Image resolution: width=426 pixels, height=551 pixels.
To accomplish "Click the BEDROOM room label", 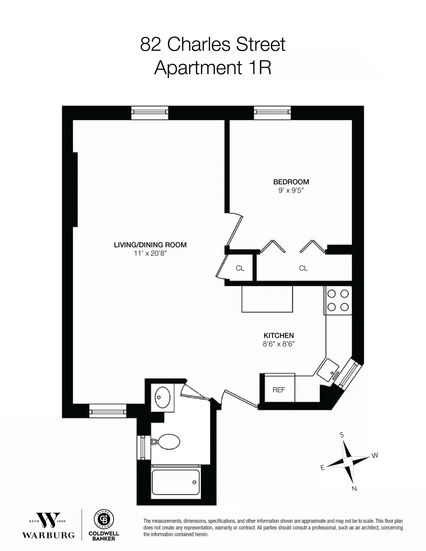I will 291,182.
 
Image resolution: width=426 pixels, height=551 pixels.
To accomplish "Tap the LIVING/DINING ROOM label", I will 150,245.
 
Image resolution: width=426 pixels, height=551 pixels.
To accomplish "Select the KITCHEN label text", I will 278,336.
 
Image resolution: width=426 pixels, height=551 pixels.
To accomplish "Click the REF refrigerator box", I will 279,389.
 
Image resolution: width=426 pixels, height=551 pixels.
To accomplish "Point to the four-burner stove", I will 338,301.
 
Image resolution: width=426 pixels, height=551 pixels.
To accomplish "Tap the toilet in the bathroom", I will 165,442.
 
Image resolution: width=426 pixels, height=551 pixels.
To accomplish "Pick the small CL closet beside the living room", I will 240,268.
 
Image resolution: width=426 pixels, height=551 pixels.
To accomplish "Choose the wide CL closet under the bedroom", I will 304,268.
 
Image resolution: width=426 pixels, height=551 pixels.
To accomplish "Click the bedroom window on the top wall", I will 273,112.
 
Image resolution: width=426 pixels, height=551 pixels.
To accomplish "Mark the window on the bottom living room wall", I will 107,411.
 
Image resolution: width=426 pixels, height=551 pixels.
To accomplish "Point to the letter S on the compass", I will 342,435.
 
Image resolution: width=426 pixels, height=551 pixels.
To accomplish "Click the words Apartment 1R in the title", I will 213,68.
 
